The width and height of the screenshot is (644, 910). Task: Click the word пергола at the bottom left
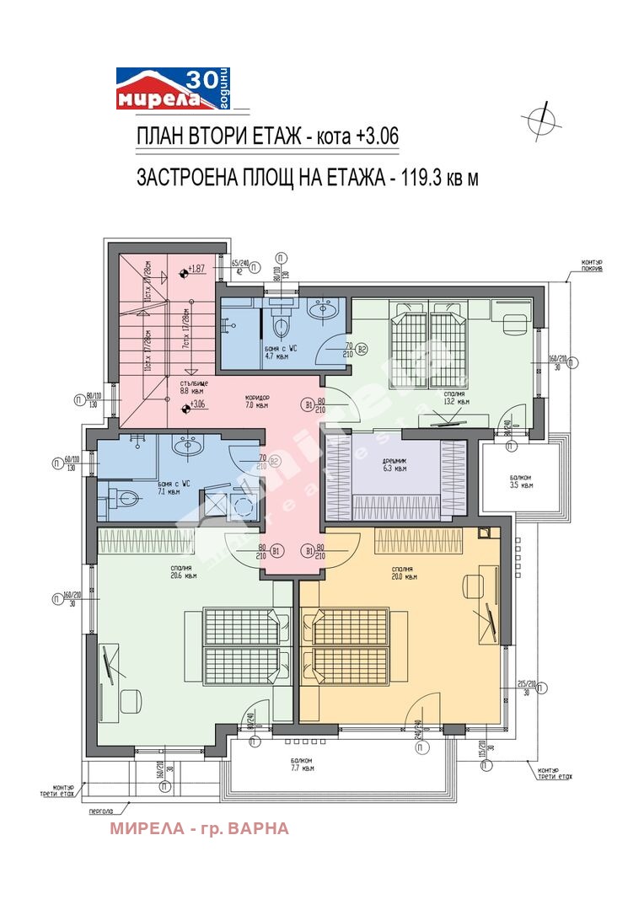tap(102, 814)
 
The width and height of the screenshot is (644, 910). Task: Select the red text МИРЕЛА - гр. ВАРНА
tap(199, 828)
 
